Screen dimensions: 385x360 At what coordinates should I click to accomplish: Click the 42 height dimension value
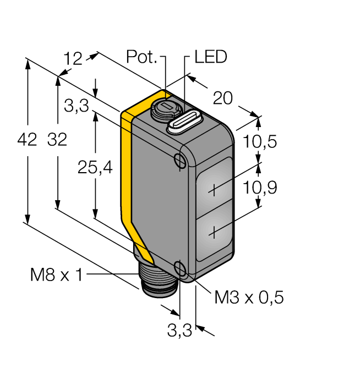pos(27,140)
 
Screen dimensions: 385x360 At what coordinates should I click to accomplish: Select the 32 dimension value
pos(57,140)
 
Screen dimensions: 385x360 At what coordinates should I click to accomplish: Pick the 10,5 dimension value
pos(259,142)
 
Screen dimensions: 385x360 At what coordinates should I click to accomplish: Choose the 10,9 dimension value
pos(259,188)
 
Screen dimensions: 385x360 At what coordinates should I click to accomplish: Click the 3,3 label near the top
pos(76,107)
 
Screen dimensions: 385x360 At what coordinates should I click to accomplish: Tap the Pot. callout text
pos(142,57)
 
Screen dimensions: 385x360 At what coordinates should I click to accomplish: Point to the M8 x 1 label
pos(56,274)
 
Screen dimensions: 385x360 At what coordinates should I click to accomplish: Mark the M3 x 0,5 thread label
pos(249,298)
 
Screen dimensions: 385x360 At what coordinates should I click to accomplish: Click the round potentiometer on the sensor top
pos(164,107)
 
